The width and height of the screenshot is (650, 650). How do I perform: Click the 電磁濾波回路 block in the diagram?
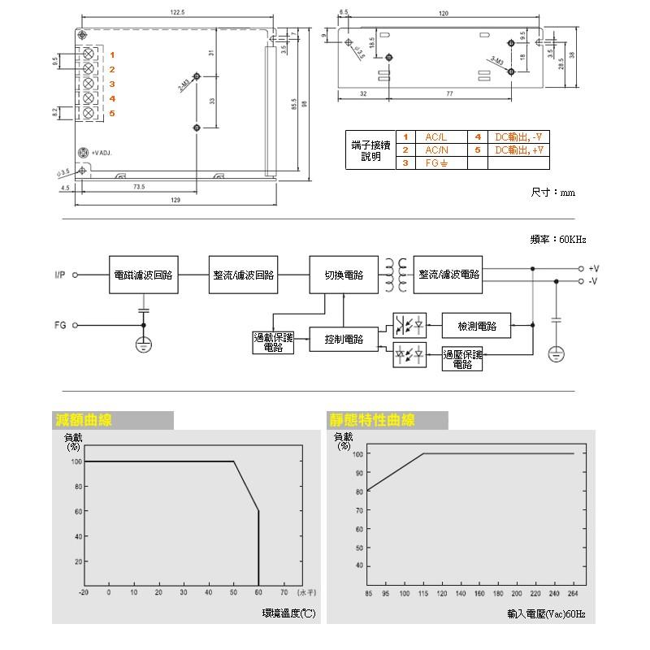click(x=145, y=275)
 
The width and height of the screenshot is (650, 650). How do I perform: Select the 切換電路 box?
click(x=343, y=275)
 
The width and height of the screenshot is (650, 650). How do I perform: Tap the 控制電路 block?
click(x=344, y=339)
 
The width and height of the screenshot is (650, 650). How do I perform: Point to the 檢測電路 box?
click(x=477, y=326)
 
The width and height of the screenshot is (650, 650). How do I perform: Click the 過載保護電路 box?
click(x=273, y=342)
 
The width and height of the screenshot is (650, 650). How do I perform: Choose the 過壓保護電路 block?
click(x=462, y=359)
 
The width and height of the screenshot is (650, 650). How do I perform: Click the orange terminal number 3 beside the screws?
click(x=112, y=84)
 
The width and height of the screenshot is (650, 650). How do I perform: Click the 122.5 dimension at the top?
click(x=178, y=12)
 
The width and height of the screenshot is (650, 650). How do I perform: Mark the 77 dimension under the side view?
click(x=449, y=94)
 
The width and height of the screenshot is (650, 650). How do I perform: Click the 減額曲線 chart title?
click(x=84, y=420)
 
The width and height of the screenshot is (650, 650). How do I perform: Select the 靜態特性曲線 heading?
click(x=371, y=420)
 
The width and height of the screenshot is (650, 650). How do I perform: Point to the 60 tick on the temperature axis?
click(x=258, y=591)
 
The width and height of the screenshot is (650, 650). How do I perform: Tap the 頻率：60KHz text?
click(x=557, y=240)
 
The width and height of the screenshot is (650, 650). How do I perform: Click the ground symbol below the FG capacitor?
click(x=143, y=344)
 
